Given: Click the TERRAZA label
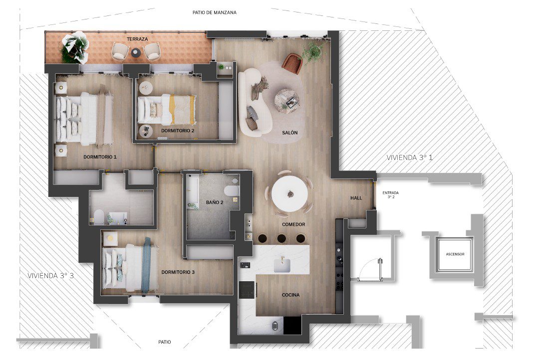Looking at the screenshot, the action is [x=137, y=39].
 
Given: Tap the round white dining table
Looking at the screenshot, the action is [x=290, y=194].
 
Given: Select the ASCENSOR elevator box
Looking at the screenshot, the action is [x=455, y=254].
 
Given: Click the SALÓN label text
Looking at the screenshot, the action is [x=290, y=133].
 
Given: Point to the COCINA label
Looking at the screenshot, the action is [x=290, y=295].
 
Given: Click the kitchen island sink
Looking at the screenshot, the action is [x=282, y=265].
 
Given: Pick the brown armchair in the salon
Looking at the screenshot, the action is [x=292, y=63].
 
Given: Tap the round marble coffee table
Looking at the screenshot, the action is [x=286, y=101].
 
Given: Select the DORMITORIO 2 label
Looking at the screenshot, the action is [x=178, y=131].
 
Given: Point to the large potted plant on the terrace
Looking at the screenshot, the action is [x=74, y=47].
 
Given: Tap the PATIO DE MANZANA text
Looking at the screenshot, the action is [x=215, y=12].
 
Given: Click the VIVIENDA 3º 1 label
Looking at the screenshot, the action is [x=409, y=158].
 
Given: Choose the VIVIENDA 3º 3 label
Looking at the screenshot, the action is [x=50, y=276].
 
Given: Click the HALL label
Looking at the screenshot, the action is [x=356, y=198].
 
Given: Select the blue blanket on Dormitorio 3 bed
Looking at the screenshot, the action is [x=147, y=265].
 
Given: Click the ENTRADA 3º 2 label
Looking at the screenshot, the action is [x=390, y=195].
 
